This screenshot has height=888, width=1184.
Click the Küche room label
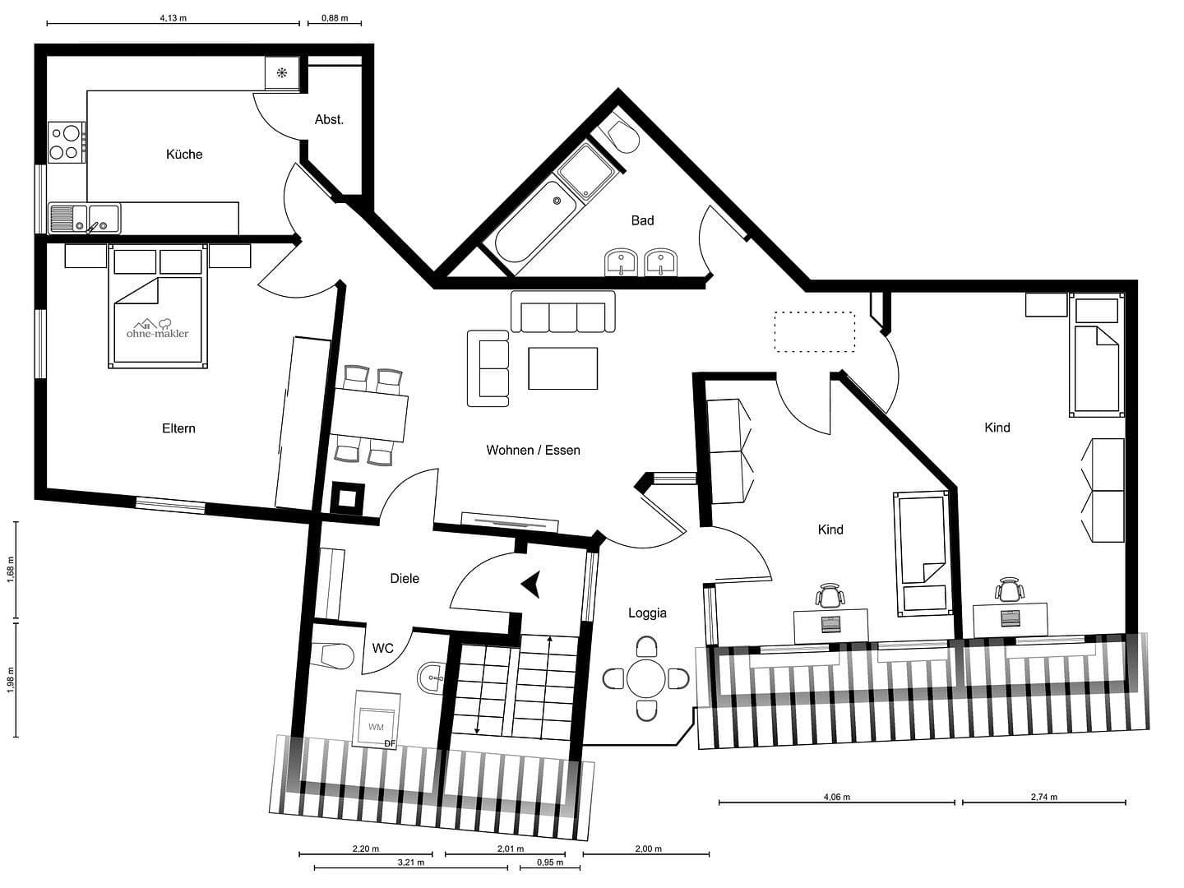[x=183, y=154]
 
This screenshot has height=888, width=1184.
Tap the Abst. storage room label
[x=329, y=119]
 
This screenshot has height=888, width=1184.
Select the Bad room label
[x=642, y=220]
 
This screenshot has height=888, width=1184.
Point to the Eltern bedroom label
[x=178, y=428]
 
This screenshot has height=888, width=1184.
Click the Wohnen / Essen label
[x=533, y=450]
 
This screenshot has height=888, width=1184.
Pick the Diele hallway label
[x=405, y=578]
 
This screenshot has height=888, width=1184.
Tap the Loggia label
[x=647, y=613]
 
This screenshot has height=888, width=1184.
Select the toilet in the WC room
[x=334, y=655]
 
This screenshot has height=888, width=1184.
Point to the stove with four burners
[x=66, y=141]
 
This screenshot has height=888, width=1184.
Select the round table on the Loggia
[x=646, y=678]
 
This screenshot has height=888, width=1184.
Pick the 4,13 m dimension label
[x=173, y=17]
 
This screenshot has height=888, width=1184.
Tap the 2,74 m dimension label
[x=1043, y=797]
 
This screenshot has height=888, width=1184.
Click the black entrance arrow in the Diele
[x=530, y=584]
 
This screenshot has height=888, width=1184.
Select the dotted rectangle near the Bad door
[x=814, y=331]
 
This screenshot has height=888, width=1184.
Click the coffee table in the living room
[x=562, y=368]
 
